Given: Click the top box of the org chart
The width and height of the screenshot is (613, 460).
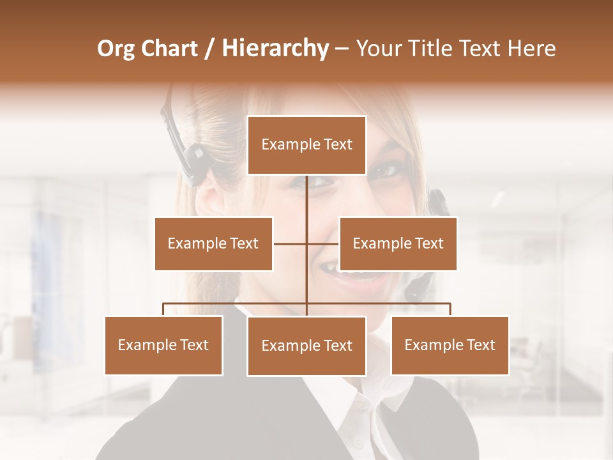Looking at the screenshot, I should (306, 145).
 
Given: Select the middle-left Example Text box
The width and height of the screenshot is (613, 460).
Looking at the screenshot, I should (213, 243).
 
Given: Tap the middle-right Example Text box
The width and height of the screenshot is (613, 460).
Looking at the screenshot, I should (398, 243).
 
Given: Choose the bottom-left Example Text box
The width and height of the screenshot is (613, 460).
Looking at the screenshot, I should (163, 345).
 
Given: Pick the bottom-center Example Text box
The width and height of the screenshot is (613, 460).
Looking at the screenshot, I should (306, 346).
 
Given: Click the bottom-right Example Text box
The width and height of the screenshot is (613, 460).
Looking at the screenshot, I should (450, 345).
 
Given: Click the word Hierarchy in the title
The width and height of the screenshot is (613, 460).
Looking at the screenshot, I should (275, 49).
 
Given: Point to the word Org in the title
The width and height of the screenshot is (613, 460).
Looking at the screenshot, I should (116, 49).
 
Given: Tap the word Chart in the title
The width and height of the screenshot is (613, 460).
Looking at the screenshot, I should (169, 49).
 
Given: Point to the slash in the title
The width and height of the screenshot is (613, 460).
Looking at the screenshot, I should (209, 49).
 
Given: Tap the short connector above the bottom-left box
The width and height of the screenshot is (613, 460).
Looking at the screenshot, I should (163, 309).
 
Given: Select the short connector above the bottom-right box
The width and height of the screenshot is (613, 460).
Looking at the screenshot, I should (450, 309).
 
